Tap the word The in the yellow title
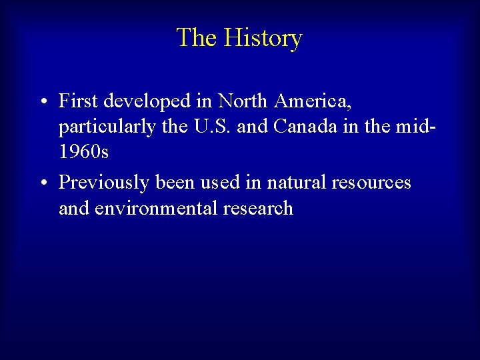coord(197,37)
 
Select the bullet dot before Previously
coord(42,183)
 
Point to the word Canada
coord(309,127)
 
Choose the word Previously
coord(106,182)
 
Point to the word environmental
coord(160,208)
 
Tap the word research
coord(260,208)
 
